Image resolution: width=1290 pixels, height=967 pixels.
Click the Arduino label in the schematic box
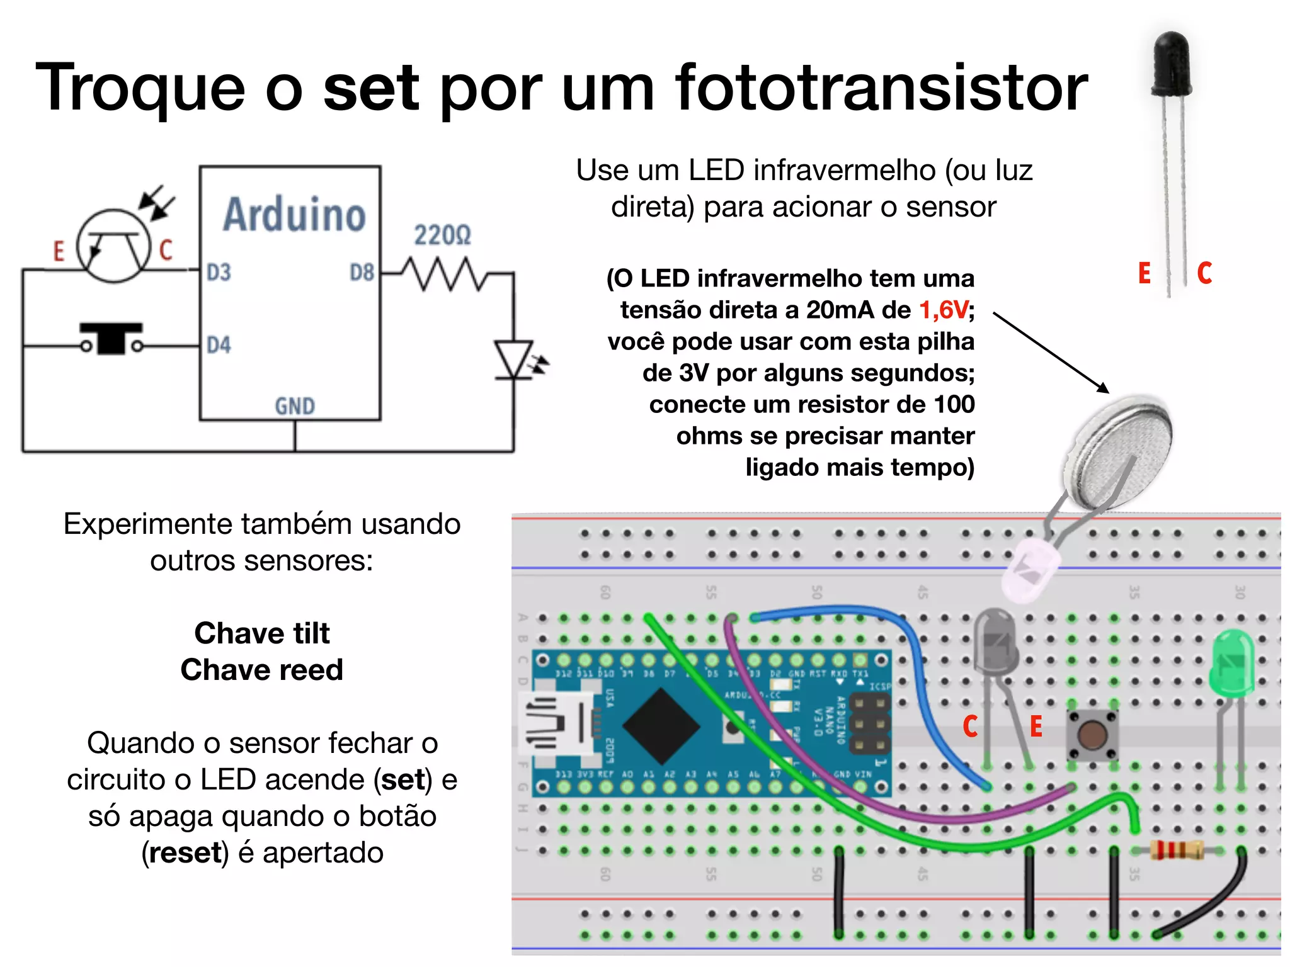click(x=294, y=215)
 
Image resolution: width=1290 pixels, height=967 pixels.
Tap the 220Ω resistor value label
click(x=442, y=235)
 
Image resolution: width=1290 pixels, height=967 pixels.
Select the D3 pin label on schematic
click(x=219, y=273)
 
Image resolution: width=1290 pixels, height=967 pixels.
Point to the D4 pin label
click(x=219, y=345)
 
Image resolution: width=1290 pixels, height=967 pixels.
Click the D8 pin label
click(x=362, y=273)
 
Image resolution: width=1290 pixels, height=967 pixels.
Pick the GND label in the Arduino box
click(x=294, y=406)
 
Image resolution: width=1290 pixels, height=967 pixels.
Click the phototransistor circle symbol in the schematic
click(x=114, y=246)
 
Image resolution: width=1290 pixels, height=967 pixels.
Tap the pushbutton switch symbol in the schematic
click(x=111, y=339)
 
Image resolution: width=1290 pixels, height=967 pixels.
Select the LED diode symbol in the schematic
click(x=514, y=360)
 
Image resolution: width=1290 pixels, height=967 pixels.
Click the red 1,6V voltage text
click(x=944, y=310)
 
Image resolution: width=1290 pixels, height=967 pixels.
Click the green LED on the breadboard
click(x=1232, y=664)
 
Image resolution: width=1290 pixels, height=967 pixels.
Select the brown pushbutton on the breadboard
click(x=1092, y=734)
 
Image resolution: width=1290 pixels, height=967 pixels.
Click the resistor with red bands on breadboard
click(x=1176, y=851)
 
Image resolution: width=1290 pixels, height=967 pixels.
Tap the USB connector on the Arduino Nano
click(x=554, y=724)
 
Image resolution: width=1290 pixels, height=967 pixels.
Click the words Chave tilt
click(x=261, y=633)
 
